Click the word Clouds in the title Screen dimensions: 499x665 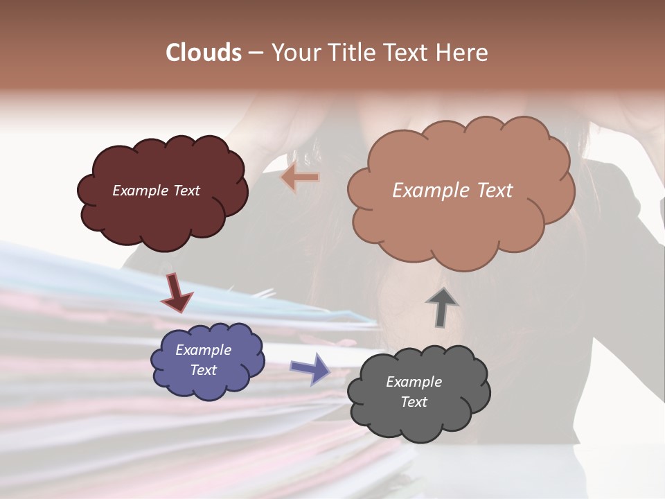pos(204,53)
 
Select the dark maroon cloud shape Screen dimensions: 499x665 pos(163,215)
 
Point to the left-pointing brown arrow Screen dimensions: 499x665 pos(300,177)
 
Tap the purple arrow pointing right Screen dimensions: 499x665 pos(310,368)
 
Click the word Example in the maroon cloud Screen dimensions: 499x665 pos(141,191)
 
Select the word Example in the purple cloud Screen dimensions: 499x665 pos(203,350)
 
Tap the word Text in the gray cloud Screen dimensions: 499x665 pos(414,402)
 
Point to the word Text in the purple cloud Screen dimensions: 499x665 pos(204,370)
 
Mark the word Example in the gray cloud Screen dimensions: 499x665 pos(414,382)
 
